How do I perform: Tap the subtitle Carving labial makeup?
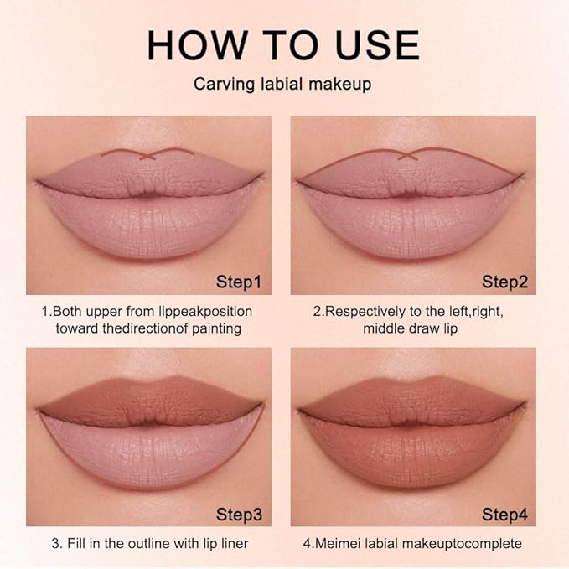pyautogui.click(x=283, y=85)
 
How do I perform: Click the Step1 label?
pyautogui.click(x=239, y=281)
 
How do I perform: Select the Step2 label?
pyautogui.click(x=504, y=281)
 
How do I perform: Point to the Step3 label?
pyautogui.click(x=239, y=512)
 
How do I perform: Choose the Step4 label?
pyautogui.click(x=504, y=512)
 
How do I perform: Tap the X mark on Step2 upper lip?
pyautogui.click(x=408, y=155)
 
